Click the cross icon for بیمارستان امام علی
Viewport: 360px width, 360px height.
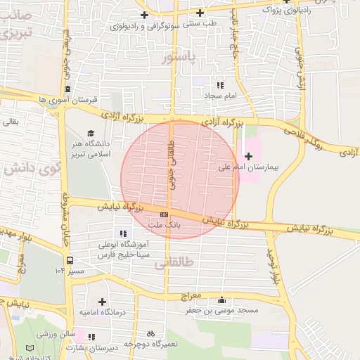click(248, 155)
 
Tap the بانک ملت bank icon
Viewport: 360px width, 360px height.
click(164, 214)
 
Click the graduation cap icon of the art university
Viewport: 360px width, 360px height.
click(90, 133)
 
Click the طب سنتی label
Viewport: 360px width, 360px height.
click(201, 23)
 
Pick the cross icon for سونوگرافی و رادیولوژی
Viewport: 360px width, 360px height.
click(145, 15)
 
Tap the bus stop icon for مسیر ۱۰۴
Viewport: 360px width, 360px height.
click(69, 260)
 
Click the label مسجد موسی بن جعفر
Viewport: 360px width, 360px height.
click(222, 310)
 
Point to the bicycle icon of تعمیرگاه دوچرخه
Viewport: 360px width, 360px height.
click(150, 334)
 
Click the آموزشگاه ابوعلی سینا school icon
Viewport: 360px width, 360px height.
click(124, 233)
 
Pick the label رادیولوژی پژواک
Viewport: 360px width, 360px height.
click(285, 11)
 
